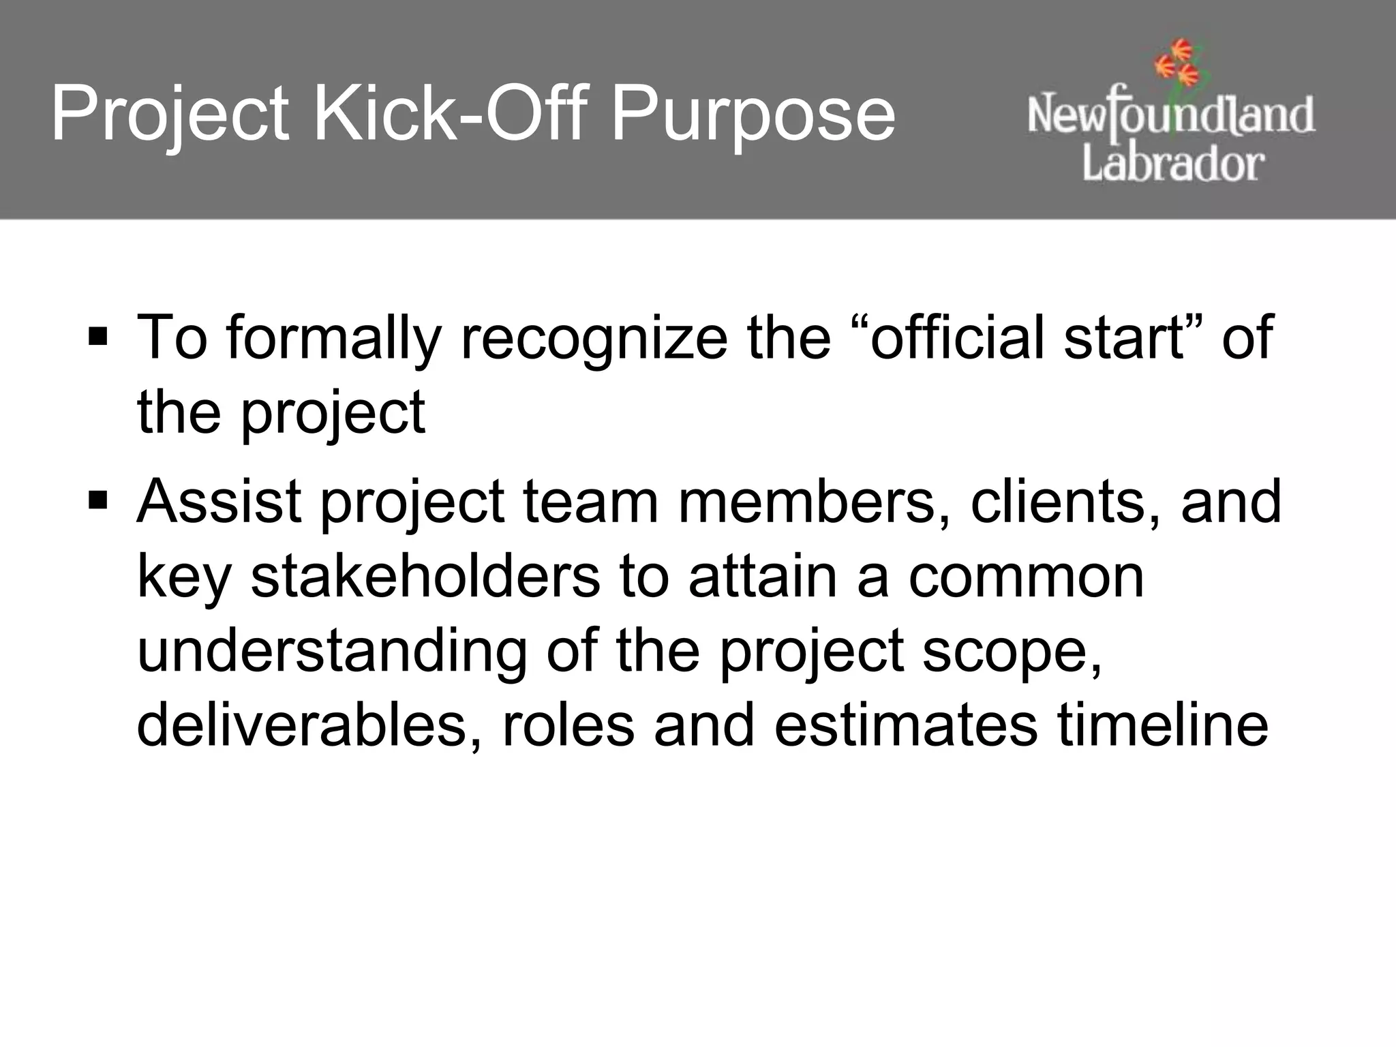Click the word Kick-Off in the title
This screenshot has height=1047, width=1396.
tap(450, 112)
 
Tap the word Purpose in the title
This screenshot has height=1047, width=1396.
tap(753, 116)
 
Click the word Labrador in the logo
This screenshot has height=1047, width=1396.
tap(1173, 164)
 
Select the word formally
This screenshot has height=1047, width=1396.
tap(334, 339)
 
